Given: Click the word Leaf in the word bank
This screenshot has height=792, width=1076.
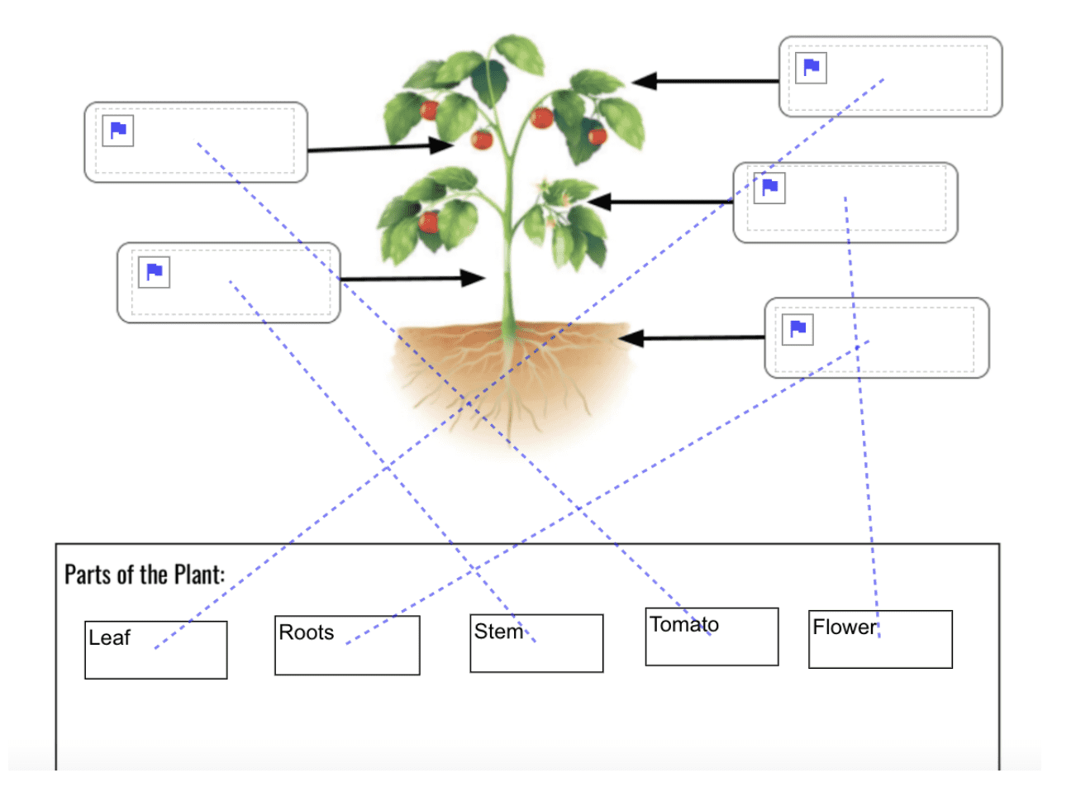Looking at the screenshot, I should tap(110, 638).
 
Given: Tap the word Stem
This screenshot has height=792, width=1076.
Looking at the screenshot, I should tap(498, 632).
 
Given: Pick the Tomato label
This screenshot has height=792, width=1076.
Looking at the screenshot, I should tap(684, 625).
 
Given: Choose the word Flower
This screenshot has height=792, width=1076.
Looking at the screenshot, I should tap(844, 627).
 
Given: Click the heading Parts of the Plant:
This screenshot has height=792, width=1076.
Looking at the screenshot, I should tap(145, 575).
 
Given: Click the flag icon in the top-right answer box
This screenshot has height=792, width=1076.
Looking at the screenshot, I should tap(812, 67).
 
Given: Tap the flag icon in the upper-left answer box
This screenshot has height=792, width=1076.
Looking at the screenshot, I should tap(118, 130).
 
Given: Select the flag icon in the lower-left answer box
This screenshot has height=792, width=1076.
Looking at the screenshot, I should tap(155, 272).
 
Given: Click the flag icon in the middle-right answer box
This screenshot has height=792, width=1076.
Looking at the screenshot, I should tap(769, 187).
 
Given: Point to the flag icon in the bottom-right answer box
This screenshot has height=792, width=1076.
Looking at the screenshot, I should tap(798, 329).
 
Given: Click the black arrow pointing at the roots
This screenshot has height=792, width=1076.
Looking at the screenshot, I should tap(694, 337).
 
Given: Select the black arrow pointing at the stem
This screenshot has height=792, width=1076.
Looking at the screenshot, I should tap(413, 279).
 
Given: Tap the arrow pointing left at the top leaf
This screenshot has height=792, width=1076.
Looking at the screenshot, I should tap(707, 81).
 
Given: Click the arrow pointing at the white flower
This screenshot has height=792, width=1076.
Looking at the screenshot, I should tap(661, 201).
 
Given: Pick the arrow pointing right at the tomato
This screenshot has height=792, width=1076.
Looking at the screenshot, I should tap(380, 148).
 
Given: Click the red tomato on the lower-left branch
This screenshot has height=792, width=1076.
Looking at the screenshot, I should tap(428, 222).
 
